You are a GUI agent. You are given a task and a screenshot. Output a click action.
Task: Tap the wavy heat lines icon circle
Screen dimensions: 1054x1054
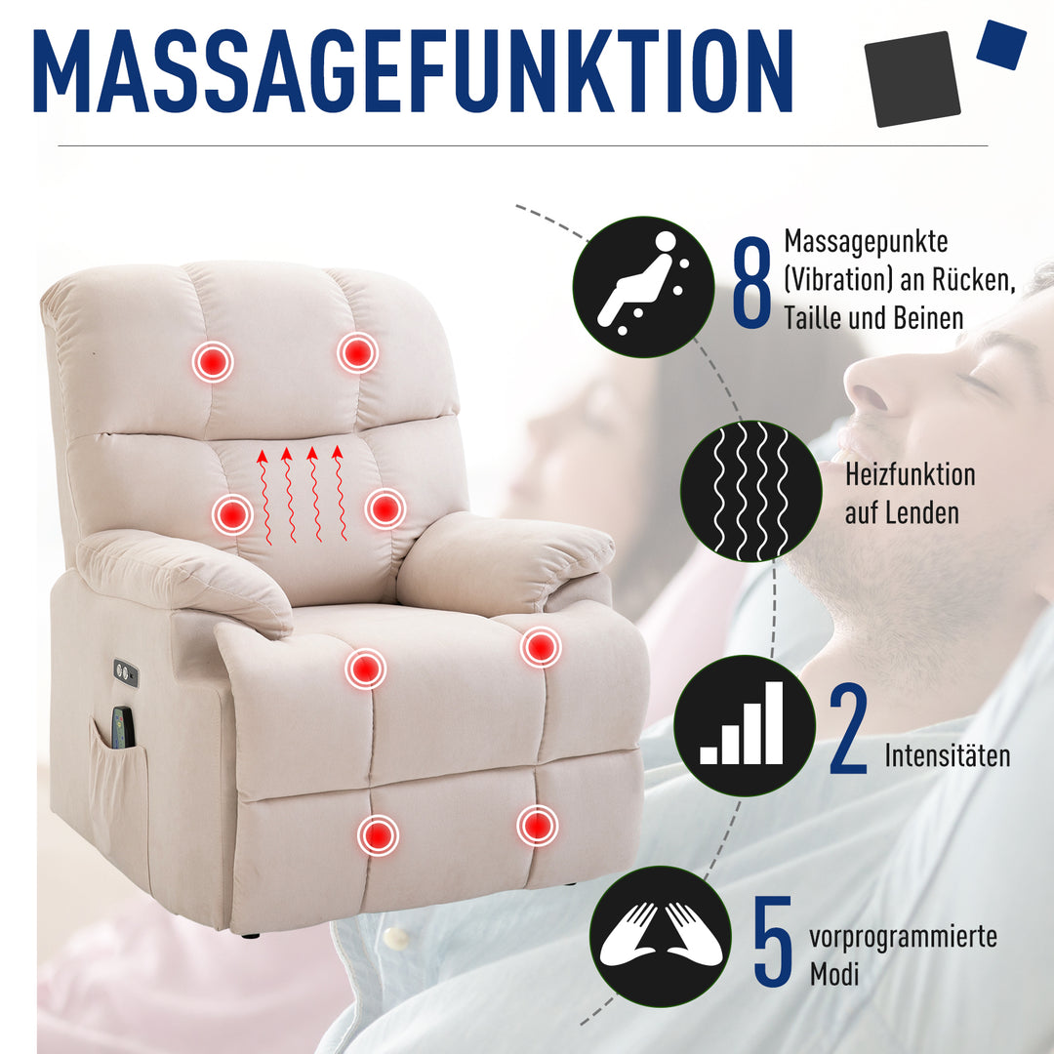tap(750, 491)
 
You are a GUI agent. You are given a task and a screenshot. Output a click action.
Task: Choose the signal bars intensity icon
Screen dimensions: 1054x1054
tap(744, 725)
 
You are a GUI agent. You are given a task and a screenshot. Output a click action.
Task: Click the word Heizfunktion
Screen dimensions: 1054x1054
tap(910, 475)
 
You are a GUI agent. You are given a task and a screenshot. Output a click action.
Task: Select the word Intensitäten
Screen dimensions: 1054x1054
tap(948, 755)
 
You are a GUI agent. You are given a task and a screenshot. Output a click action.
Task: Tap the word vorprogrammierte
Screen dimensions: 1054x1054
tap(903, 938)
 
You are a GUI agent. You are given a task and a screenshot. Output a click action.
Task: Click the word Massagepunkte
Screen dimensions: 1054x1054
tap(866, 241)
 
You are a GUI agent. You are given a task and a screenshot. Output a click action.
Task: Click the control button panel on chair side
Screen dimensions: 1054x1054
tap(125, 672)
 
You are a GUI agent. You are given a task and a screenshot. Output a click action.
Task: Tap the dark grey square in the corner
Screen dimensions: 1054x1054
tap(912, 79)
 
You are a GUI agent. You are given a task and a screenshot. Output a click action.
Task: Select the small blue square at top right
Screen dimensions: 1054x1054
tap(1001, 44)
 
